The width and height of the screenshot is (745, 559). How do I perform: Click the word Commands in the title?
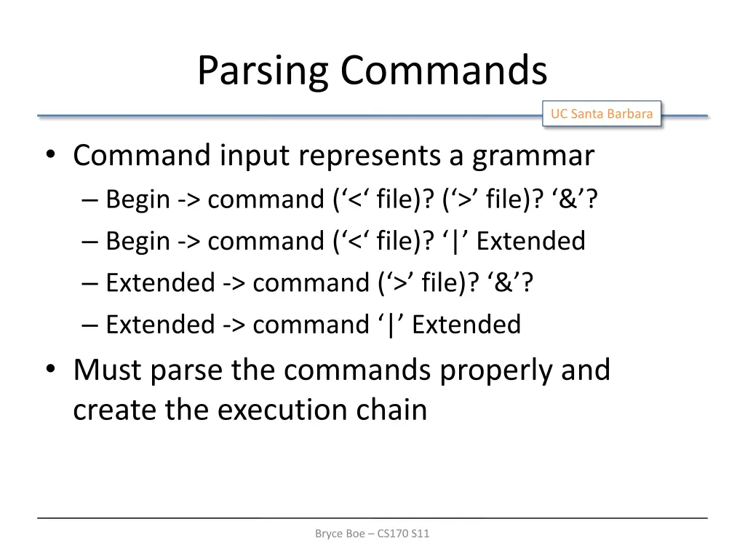click(x=443, y=71)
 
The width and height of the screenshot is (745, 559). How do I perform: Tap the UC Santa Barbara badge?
click(x=601, y=114)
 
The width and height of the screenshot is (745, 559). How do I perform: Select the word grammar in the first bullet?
click(x=533, y=156)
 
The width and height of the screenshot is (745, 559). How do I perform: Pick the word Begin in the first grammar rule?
click(x=138, y=199)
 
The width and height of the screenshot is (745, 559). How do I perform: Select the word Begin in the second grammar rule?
click(x=138, y=241)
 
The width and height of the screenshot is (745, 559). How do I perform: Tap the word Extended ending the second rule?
click(x=530, y=241)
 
